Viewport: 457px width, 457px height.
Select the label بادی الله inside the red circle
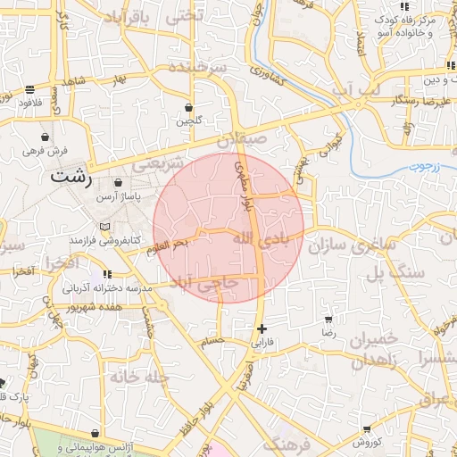[x=260, y=238]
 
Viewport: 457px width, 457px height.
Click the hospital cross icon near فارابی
[x=261, y=328]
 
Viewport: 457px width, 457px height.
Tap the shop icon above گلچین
[x=189, y=106]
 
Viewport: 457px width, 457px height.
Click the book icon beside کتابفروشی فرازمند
[x=106, y=227]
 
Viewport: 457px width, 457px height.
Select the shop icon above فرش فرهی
[x=45, y=137]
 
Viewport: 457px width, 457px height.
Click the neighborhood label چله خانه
[x=140, y=376]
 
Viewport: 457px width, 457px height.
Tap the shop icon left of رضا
[x=328, y=319]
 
